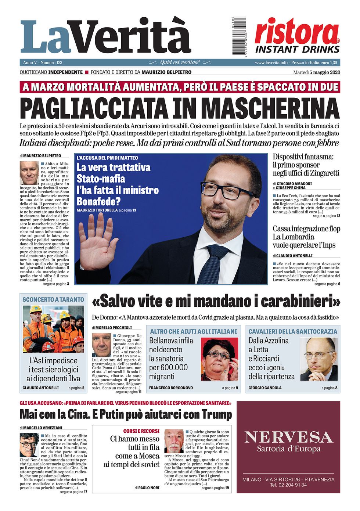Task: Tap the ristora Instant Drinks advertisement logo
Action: point(297,36)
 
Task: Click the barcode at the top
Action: point(239,36)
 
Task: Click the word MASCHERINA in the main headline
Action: point(270,108)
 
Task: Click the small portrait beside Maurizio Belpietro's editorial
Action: point(29,173)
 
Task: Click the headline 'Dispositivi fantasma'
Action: point(303,157)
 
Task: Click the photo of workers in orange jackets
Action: point(53,329)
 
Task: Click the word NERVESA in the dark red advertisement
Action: point(288,437)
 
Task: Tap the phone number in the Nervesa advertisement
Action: point(288,485)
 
